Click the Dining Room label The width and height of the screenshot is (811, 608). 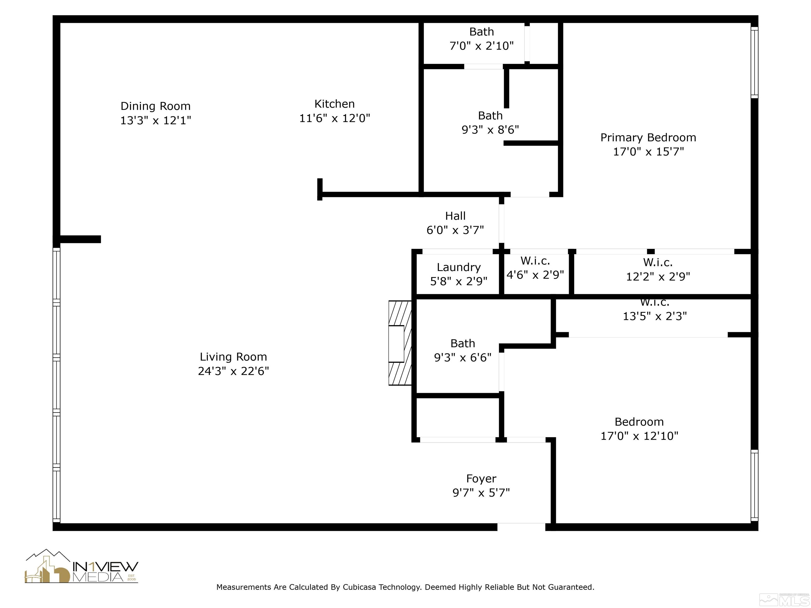pos(155,106)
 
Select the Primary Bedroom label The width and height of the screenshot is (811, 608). pos(648,137)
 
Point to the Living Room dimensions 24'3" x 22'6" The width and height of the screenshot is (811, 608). pos(233,371)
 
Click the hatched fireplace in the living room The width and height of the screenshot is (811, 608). pos(400,343)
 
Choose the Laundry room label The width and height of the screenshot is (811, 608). pos(458,267)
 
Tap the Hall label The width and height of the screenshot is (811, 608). pos(455,216)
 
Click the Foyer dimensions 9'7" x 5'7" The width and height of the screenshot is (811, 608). pos(481,493)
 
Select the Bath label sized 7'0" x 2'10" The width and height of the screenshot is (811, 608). pos(481,32)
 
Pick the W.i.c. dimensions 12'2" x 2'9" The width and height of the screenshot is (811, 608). pos(658,277)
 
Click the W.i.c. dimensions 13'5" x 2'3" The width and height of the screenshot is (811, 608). pos(654,316)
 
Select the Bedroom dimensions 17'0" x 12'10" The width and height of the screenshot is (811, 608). pos(639,436)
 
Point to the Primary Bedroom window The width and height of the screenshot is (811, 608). pos(754,62)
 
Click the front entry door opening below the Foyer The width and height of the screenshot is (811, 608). pos(521,527)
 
